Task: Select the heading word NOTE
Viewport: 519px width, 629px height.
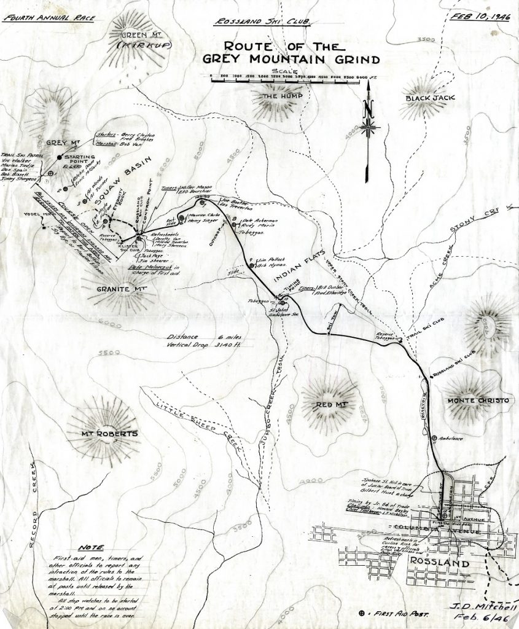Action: point(92,547)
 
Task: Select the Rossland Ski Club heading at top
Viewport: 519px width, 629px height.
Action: point(263,23)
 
